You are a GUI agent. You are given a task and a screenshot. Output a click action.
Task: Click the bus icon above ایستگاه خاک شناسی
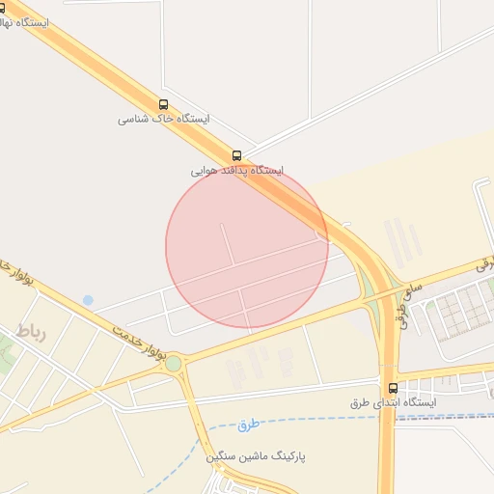162,104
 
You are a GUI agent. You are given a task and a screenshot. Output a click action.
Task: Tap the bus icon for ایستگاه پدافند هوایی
236,155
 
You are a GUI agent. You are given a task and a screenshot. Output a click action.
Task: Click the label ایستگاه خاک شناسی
164,120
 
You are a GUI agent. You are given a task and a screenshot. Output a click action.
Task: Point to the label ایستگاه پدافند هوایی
236,171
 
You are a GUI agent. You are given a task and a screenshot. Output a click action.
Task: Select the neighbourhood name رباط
30,332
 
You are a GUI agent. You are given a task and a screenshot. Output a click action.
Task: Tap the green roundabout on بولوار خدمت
174,364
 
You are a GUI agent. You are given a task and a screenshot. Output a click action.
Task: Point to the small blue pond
88,300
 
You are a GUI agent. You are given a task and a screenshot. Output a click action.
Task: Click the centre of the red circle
247,247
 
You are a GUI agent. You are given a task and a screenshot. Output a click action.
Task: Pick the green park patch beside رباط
8,353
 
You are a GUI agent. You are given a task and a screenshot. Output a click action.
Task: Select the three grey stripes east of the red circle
401,241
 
